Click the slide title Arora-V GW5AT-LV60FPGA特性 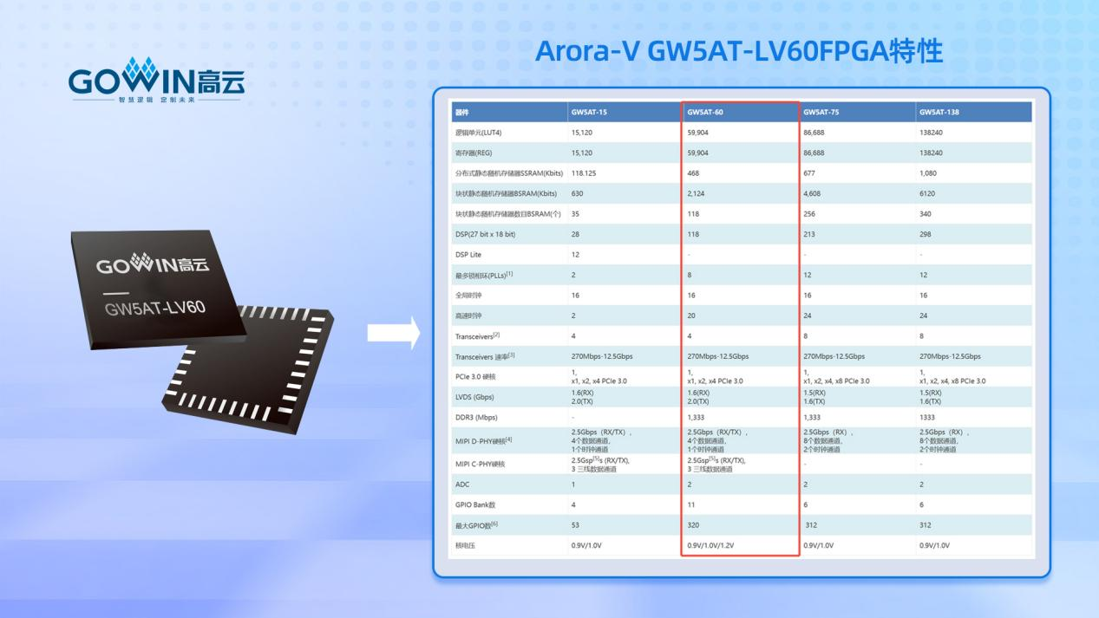tap(738, 52)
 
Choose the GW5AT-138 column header tap(939, 112)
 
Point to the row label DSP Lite tap(468, 255)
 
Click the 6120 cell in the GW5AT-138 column tap(929, 193)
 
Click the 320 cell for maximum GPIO tap(693, 524)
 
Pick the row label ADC tap(462, 484)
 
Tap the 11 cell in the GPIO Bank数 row tap(690, 504)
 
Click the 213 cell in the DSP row tap(810, 234)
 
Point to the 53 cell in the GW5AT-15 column tap(576, 524)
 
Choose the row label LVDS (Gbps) tap(475, 397)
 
